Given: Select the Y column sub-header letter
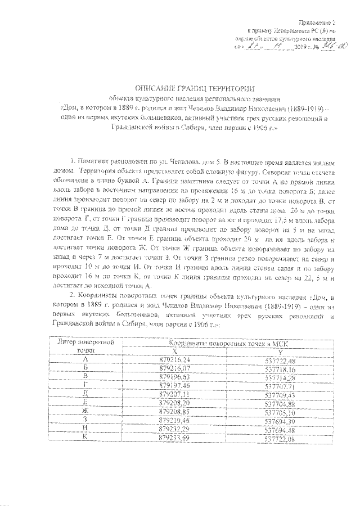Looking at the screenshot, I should pyautogui.click(x=281, y=351).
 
